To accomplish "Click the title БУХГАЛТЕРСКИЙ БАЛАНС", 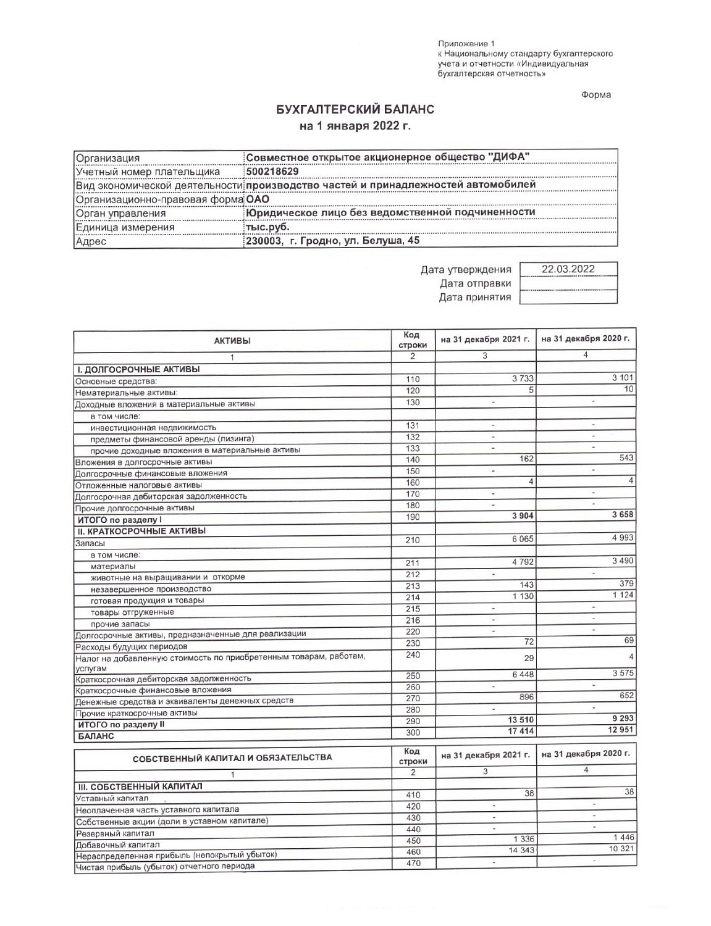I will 355,110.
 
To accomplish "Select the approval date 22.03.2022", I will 568,269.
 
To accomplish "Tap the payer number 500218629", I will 272,172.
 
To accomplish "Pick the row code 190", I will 413,517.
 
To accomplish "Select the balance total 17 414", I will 521,732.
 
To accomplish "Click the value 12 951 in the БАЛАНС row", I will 620,730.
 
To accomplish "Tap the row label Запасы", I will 90,544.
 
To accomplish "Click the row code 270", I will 413,698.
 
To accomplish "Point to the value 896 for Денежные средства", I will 526,697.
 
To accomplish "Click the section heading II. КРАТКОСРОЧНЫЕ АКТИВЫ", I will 141,531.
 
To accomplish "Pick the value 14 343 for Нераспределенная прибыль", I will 521,851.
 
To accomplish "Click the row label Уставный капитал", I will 103,798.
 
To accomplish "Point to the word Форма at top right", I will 595,95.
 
